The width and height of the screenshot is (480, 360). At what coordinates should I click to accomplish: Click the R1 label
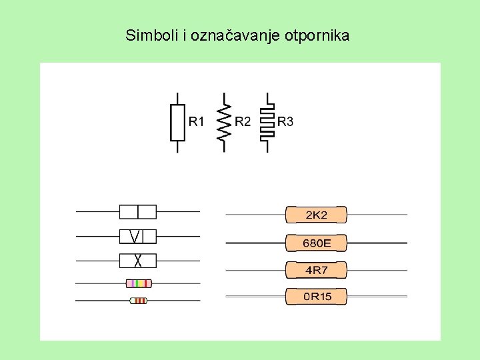pyautogui.click(x=197, y=121)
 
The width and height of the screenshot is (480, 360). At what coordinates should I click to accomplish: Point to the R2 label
pyautogui.click(x=243, y=121)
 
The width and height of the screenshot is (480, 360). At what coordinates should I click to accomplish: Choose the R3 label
pyautogui.click(x=285, y=121)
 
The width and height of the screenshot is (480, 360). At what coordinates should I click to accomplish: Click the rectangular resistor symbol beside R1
pyautogui.click(x=177, y=122)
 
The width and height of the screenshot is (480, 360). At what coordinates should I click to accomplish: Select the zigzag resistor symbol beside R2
pyautogui.click(x=224, y=122)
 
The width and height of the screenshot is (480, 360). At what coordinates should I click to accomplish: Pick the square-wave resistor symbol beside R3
pyautogui.click(x=267, y=122)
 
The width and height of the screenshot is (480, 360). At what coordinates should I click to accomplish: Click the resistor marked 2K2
pyautogui.click(x=316, y=215)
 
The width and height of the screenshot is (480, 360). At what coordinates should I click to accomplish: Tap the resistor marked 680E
pyautogui.click(x=316, y=243)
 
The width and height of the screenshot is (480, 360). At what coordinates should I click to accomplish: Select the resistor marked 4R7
pyautogui.click(x=316, y=270)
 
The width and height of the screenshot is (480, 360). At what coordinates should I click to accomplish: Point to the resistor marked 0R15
pyautogui.click(x=316, y=297)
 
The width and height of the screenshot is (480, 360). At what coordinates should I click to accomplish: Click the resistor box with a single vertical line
pyautogui.click(x=137, y=212)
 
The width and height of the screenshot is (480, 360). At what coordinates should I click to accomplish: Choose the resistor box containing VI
pyautogui.click(x=137, y=236)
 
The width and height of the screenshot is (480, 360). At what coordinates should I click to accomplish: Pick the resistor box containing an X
pyautogui.click(x=137, y=260)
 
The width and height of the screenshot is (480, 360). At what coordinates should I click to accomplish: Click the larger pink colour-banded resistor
pyautogui.click(x=139, y=283)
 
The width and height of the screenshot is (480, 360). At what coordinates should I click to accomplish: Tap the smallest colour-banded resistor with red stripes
pyautogui.click(x=138, y=301)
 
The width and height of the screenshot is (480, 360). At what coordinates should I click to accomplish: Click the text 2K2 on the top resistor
pyautogui.click(x=317, y=215)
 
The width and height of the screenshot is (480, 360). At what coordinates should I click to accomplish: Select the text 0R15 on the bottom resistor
pyautogui.click(x=317, y=297)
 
